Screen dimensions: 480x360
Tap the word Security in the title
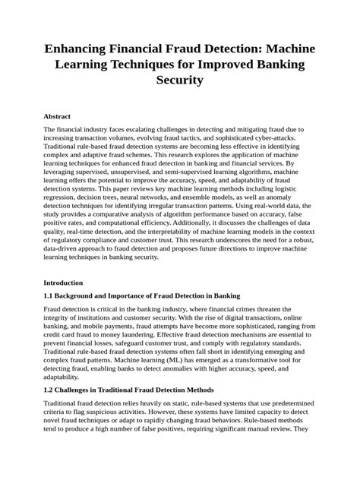(x=179, y=80)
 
